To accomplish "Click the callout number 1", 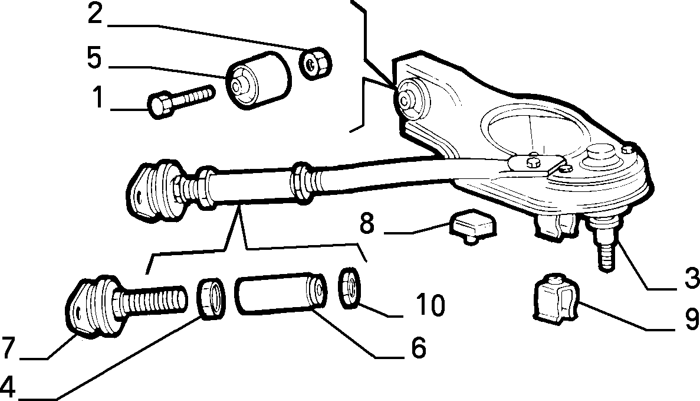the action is (98, 98).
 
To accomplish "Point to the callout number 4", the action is (8, 387).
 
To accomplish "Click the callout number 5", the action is (94, 58).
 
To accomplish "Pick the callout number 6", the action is (418, 347).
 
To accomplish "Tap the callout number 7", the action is (8, 348).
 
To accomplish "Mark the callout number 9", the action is (692, 319).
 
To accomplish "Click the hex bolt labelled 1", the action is (180, 101).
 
